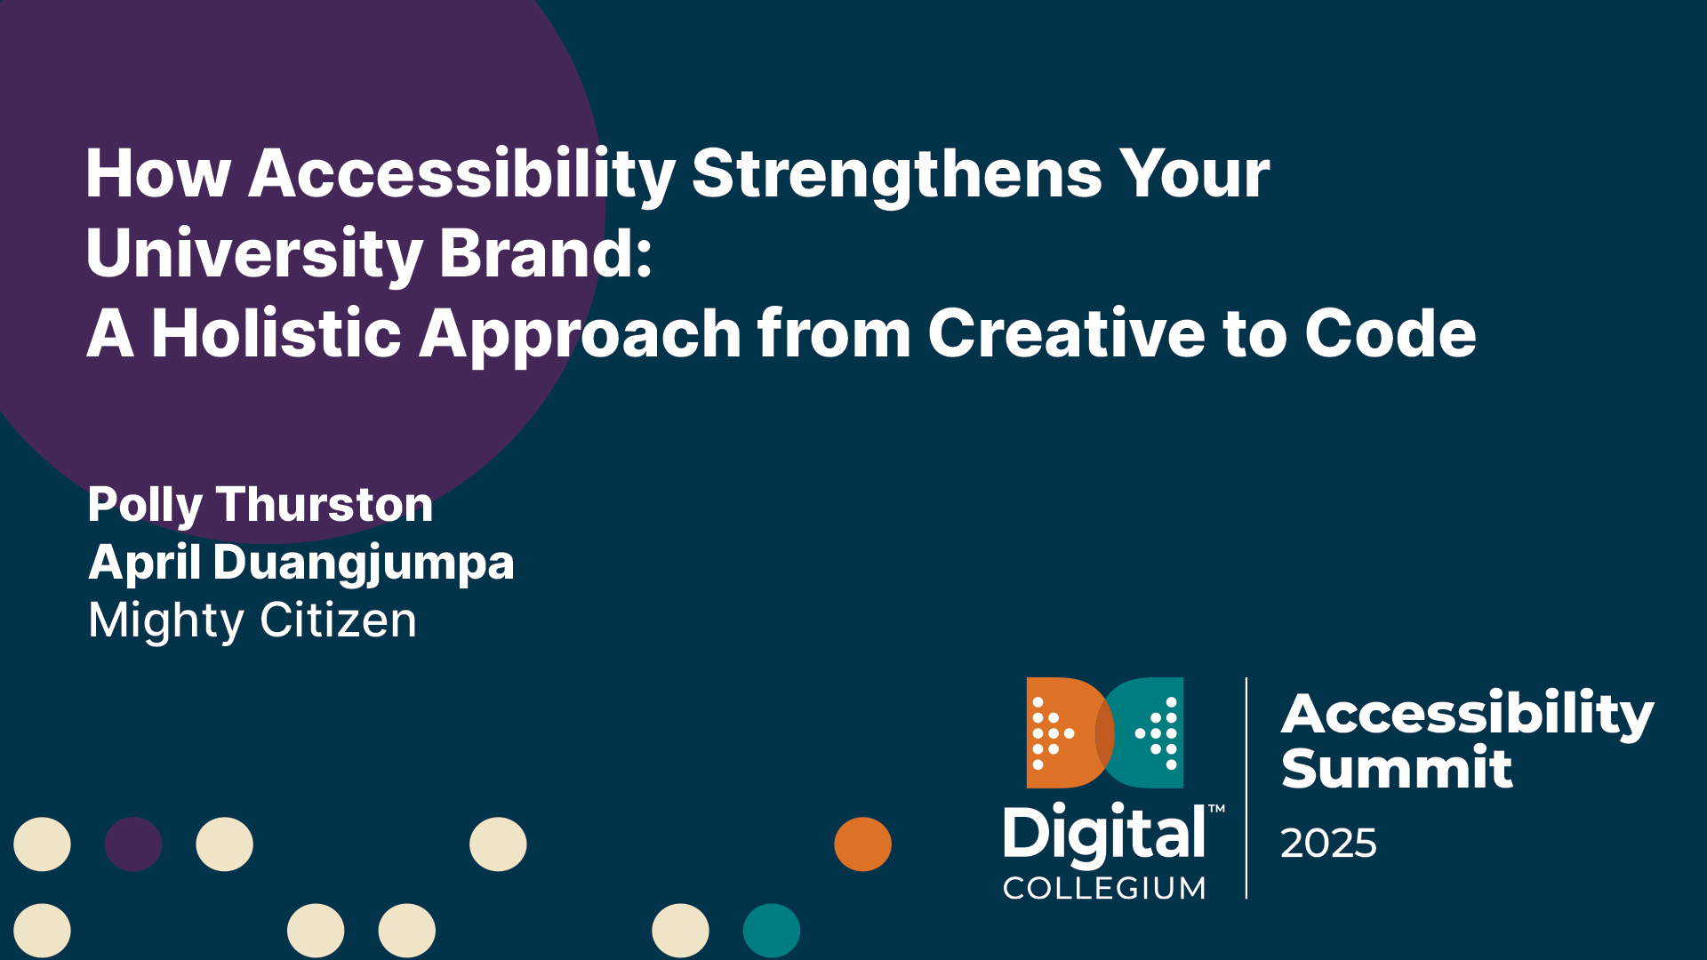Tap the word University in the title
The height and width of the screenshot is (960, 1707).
pos(253,253)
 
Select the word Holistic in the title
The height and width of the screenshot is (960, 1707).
pos(276,333)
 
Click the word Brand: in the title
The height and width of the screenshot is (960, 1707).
pos(546,253)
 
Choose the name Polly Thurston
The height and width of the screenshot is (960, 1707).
pos(260,505)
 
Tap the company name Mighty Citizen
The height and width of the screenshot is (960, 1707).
pos(252,620)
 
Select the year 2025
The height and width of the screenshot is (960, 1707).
pos(1328,843)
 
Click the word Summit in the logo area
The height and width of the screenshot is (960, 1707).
pos(1396,768)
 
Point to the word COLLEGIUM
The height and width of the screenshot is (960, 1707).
pos(1104,888)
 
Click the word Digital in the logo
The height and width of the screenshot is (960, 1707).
pos(1104,834)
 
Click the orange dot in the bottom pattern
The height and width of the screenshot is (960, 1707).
pos(862,844)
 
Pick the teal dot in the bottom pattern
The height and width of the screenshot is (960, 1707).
pos(771,930)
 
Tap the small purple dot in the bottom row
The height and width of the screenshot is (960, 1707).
pos(133,844)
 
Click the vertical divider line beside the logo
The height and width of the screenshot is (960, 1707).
pos(1246,788)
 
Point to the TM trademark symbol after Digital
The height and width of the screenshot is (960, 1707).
pos(1217,809)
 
